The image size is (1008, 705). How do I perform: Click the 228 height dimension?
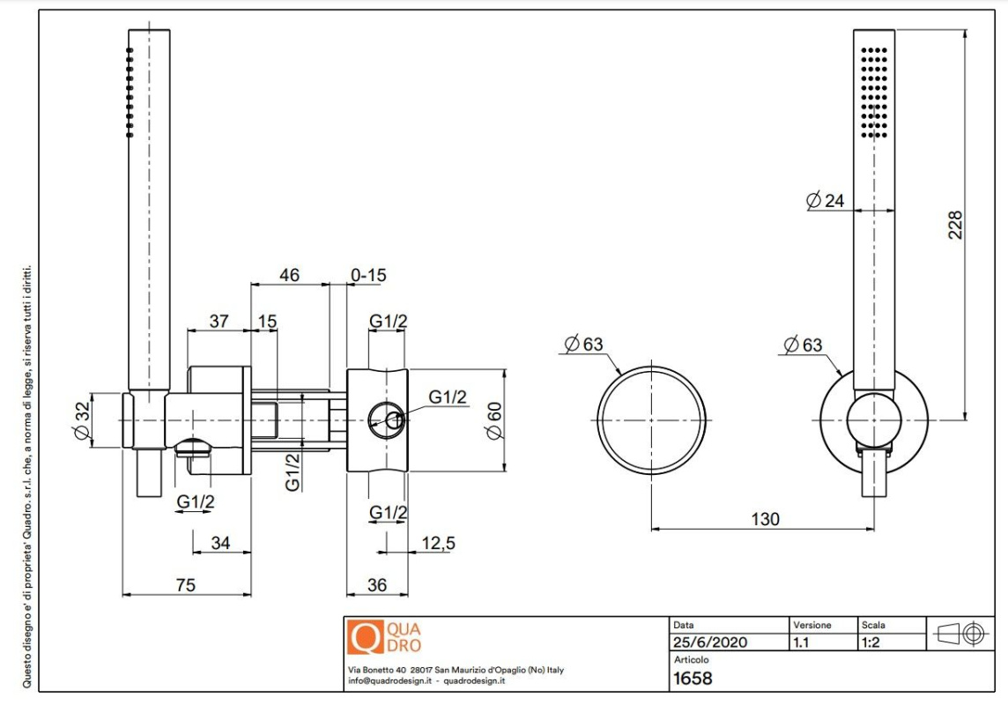tap(955, 225)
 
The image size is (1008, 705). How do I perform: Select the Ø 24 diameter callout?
tap(825, 201)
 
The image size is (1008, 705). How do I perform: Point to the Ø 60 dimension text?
tap(494, 421)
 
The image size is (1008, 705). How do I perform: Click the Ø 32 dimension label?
tap(82, 421)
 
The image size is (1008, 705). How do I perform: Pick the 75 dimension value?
tap(185, 585)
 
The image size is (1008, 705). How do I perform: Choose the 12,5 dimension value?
tap(438, 544)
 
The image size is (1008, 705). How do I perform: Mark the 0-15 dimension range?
tap(368, 275)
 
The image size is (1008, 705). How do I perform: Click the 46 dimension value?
tap(289, 275)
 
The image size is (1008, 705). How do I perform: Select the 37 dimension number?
tap(219, 321)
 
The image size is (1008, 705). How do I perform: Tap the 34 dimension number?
tap(220, 543)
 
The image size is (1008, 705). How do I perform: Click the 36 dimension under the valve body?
tap(377, 585)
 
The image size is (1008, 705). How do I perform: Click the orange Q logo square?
tap(365, 636)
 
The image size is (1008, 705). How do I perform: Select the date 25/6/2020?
tap(709, 642)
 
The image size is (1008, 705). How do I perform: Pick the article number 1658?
tap(693, 678)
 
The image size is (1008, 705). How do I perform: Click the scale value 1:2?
tap(871, 642)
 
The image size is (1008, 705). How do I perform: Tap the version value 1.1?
tap(801, 642)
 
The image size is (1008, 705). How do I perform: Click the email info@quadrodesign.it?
tap(389, 680)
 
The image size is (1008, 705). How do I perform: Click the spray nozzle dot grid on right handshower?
tap(874, 92)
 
